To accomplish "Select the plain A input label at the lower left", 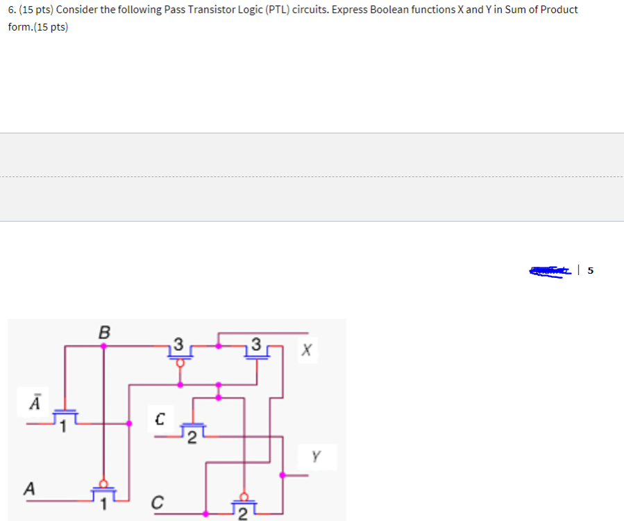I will [29, 489].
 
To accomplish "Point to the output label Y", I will [317, 456].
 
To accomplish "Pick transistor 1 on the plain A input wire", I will [104, 493].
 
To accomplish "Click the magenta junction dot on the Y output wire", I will [282, 475].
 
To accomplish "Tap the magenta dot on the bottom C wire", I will [206, 514].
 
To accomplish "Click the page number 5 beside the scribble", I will [590, 271].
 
